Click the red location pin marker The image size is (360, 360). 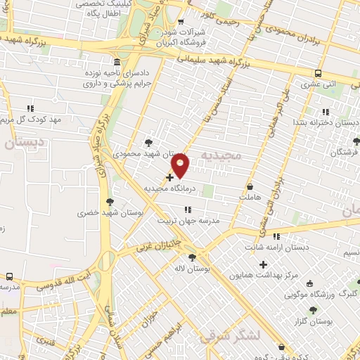tap(181, 165)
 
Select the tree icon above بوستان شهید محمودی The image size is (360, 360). tap(148, 143)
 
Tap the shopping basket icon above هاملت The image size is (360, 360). tap(251, 187)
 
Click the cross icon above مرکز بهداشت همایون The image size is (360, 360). tap(264, 264)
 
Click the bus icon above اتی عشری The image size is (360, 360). tap(319, 73)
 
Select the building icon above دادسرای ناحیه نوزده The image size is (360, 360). tap(117, 61)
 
